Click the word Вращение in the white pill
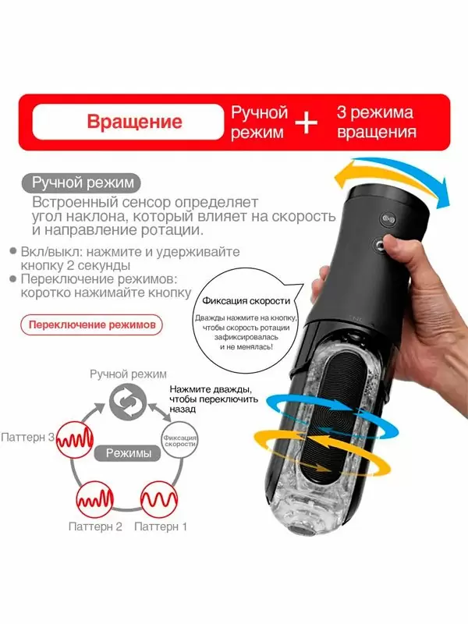point(134,122)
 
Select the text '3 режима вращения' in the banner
point(375,122)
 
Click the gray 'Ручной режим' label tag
point(82,184)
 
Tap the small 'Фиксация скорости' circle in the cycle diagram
point(179,439)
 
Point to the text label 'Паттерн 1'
point(161,526)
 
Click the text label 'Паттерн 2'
point(96,526)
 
